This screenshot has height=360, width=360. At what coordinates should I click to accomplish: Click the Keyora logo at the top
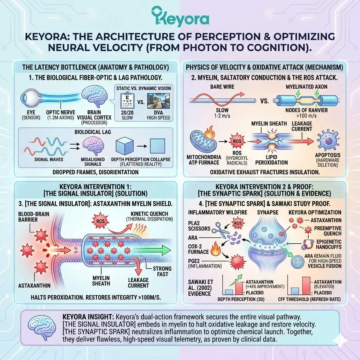click(180, 16)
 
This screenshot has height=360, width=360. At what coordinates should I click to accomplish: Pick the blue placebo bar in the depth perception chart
click(229, 292)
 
